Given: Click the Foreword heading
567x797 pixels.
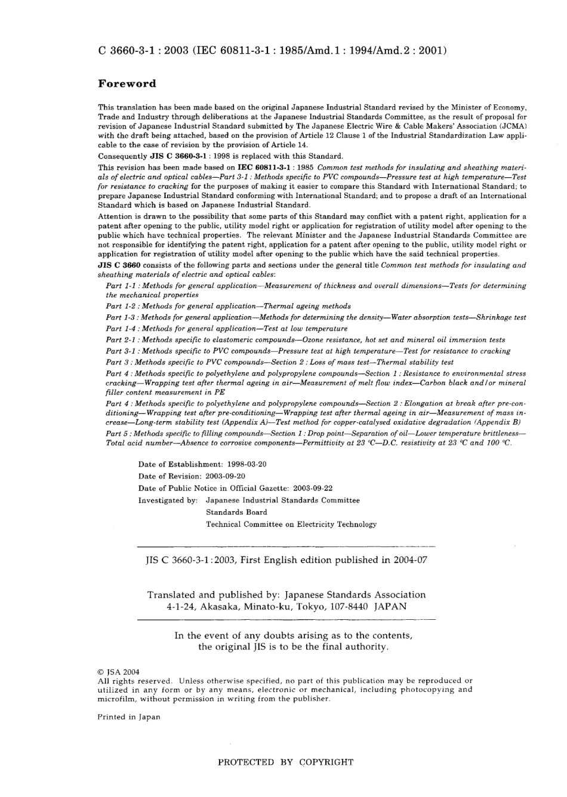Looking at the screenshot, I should (x=127, y=84).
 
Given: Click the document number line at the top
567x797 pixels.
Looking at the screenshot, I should (x=272, y=51).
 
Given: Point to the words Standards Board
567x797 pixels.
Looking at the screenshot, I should (x=236, y=512).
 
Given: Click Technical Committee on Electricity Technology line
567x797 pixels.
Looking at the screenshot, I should (x=291, y=524).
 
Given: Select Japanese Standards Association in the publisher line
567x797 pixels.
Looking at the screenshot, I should (x=355, y=594).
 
